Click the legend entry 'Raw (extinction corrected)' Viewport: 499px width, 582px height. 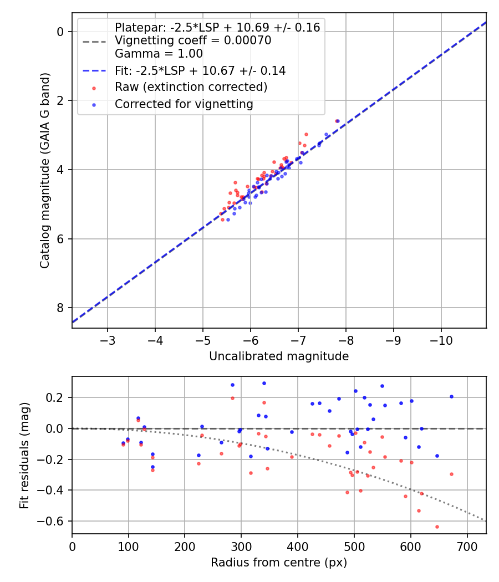coord(191,88)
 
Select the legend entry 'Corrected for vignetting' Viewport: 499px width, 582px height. coord(184,104)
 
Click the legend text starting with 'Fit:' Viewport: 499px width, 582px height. coord(200,70)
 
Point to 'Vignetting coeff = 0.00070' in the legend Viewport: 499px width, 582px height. coord(192,40)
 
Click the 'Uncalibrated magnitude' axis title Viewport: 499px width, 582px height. coord(279,356)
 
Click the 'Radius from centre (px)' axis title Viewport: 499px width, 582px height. coord(279,563)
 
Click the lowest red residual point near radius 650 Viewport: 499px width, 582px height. coord(437,527)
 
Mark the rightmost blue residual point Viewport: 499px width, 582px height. coord(451,396)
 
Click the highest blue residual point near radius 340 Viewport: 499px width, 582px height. coord(264,383)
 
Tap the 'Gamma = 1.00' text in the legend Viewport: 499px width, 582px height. coord(159,54)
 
